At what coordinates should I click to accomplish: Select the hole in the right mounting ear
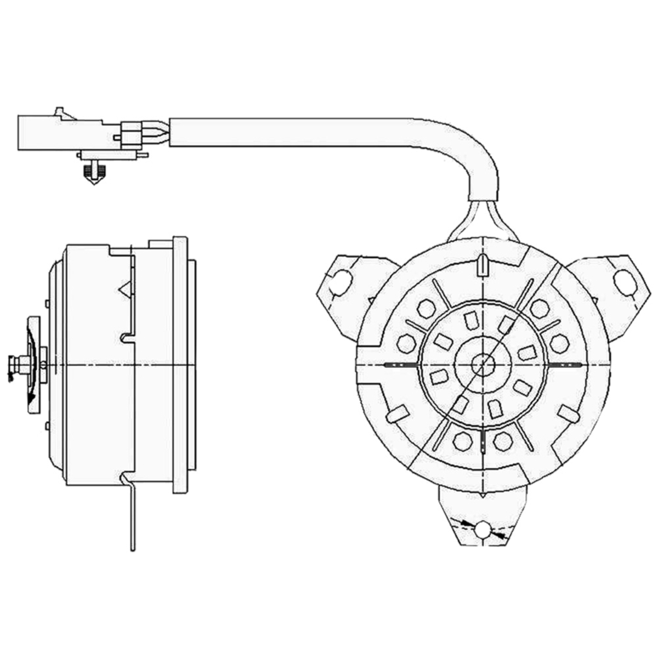pyautogui.click(x=623, y=280)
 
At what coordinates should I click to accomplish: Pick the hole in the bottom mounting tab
pyautogui.click(x=483, y=530)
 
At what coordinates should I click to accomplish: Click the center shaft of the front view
pyautogui.click(x=483, y=364)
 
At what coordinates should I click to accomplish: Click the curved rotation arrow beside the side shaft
pyautogui.click(x=32, y=378)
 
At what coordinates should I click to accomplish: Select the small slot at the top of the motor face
pyautogui.click(x=482, y=264)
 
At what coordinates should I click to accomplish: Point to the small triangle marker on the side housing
pyautogui.click(x=125, y=288)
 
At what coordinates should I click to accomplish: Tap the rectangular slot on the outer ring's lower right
pyautogui.click(x=568, y=414)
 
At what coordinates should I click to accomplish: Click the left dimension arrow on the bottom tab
pyautogui.click(x=465, y=524)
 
